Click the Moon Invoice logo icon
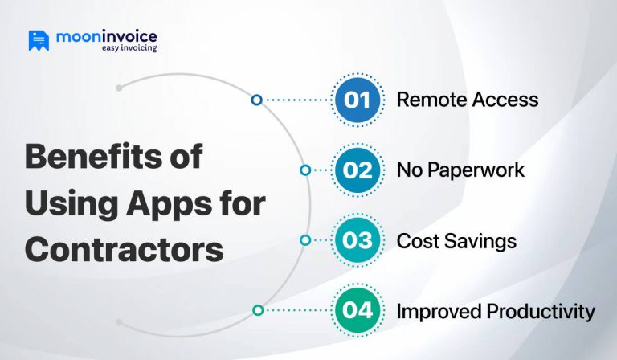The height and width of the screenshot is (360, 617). point(39,40)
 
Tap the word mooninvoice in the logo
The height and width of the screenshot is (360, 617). point(107,36)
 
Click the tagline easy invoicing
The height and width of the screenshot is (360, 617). point(129,48)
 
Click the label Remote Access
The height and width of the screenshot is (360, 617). point(467,100)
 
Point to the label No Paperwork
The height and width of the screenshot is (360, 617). point(460,170)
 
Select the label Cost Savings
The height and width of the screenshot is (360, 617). point(456,240)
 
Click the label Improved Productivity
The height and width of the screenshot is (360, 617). point(496,310)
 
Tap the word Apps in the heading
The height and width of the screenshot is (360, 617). point(159,202)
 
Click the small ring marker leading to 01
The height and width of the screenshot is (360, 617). point(256,100)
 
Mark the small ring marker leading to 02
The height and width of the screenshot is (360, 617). point(305,170)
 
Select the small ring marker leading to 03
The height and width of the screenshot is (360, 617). point(305,239)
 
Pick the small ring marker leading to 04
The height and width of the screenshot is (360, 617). point(257,309)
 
